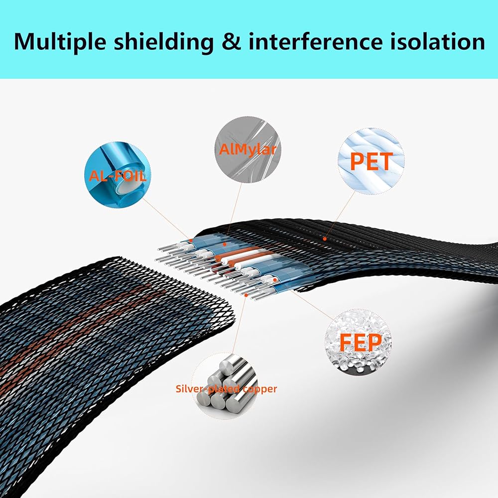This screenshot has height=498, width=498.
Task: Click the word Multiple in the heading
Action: pos(60,42)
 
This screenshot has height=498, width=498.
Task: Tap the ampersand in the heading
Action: pos(232,41)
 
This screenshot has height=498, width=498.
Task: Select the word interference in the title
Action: pos(316,41)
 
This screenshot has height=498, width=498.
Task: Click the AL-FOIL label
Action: pos(118,175)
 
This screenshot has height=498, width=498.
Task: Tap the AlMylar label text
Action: pos(248,149)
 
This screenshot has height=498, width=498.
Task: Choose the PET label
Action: pos(372,161)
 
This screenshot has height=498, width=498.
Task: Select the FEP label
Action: pos(361,342)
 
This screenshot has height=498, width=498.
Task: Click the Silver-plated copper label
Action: pos(226,389)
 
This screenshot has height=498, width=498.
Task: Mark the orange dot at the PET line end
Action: pos(325,239)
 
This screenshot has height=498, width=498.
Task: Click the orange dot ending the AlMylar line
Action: pos(225,244)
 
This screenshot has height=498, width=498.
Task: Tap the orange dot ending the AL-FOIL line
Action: pos(191,241)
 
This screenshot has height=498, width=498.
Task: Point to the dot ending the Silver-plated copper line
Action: pos(246,295)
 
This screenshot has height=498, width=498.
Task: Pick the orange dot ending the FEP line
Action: pos(275,280)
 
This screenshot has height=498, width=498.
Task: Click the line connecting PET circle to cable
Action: pos(340,214)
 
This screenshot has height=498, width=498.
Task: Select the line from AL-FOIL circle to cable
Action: pos(166,219)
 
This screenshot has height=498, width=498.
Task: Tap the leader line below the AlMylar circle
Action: pos(233,214)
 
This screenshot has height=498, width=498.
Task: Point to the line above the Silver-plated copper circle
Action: pos(240,324)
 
